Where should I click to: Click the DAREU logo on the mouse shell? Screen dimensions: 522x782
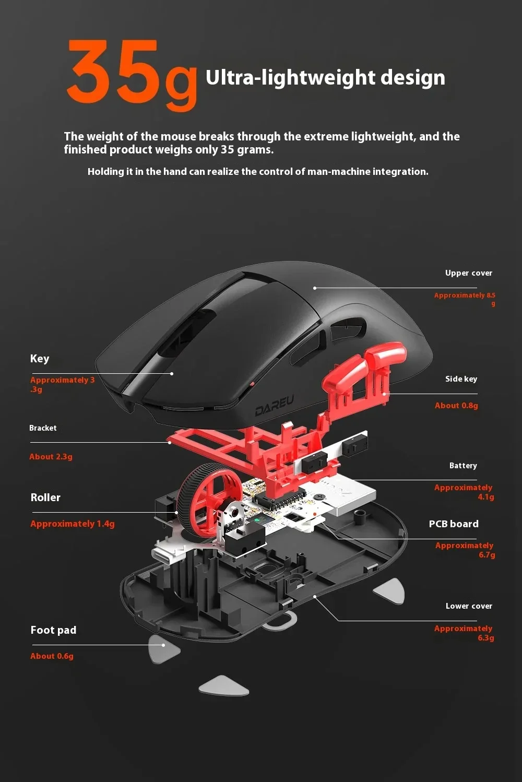[x=275, y=406]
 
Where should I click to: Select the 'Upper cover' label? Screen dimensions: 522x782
[x=468, y=273]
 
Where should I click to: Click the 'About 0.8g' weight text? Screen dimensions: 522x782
[x=456, y=406]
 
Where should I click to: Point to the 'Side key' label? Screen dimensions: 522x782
[x=461, y=379]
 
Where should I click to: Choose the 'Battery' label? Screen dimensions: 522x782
[x=463, y=466]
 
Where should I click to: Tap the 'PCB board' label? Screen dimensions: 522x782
[x=454, y=524]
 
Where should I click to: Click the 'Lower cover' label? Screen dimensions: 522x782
[x=469, y=606]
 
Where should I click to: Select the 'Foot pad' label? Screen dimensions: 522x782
[x=53, y=630]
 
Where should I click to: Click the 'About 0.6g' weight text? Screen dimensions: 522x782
[x=52, y=656]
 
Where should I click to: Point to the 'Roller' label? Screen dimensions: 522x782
[x=45, y=497]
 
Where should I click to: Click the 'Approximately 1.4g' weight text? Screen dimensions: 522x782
[x=73, y=524]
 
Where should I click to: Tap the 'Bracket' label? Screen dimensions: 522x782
[x=43, y=428]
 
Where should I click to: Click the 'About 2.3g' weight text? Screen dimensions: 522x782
[x=51, y=457]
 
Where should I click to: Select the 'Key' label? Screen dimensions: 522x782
[x=40, y=359]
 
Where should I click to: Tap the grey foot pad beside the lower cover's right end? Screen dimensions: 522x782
[x=390, y=591]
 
